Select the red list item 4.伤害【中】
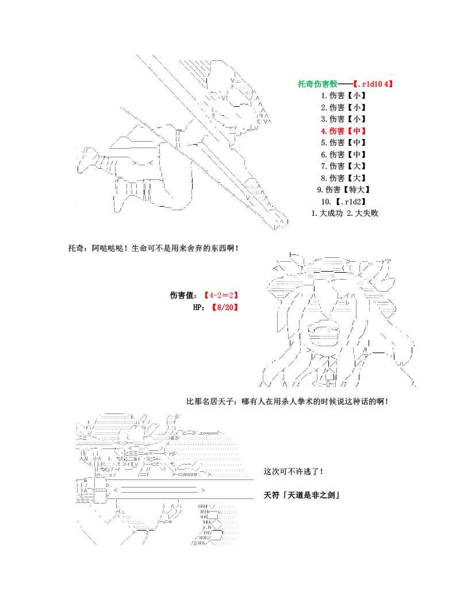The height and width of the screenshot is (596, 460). pos(343,131)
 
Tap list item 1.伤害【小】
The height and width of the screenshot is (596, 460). pos(343,95)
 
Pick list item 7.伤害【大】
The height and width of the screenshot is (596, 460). pos(343,167)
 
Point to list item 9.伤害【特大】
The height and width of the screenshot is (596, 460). pos(343,190)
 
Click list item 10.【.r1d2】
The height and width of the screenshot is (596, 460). pos(343,202)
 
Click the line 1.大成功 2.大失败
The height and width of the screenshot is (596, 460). pos(344,214)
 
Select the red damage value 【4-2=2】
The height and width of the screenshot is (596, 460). pos(221,295)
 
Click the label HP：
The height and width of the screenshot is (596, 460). pos(200,307)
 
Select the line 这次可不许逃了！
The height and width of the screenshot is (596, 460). pos(293,471)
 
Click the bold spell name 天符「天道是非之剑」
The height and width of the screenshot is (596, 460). pos(301,494)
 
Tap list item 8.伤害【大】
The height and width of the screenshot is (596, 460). pos(343,178)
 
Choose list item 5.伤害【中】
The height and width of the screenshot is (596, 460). pos(343,142)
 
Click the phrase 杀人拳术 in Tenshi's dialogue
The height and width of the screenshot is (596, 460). pos(307,401)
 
